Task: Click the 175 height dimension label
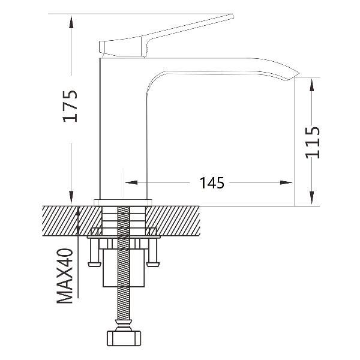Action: (x=70, y=106)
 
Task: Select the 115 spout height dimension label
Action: (x=312, y=143)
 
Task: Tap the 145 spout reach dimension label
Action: (x=211, y=183)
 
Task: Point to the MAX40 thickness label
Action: (x=65, y=276)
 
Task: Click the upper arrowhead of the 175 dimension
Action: (x=71, y=22)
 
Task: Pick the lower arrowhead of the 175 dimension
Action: (x=71, y=197)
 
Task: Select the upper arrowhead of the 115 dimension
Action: (x=312, y=85)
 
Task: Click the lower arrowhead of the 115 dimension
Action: (x=312, y=198)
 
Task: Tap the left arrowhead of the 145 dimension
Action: (x=131, y=182)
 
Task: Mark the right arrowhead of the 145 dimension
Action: (x=286, y=182)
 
